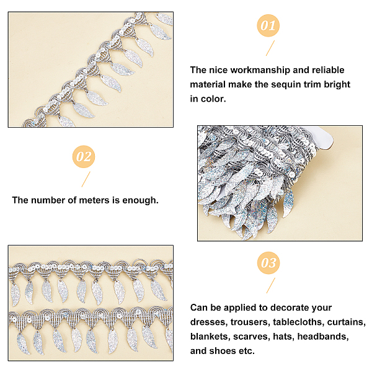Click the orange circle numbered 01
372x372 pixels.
click(x=268, y=25)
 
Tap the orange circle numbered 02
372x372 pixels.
click(x=84, y=157)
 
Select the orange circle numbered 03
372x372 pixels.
click(x=268, y=263)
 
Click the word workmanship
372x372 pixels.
click(x=260, y=70)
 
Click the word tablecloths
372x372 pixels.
click(x=298, y=322)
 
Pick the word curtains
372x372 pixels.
click(x=347, y=322)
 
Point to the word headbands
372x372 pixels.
click(x=323, y=337)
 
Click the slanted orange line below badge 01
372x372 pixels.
click(x=270, y=48)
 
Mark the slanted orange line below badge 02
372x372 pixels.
click(x=86, y=179)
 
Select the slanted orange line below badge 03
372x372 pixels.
click(x=271, y=285)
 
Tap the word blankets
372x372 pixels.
click(x=210, y=337)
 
